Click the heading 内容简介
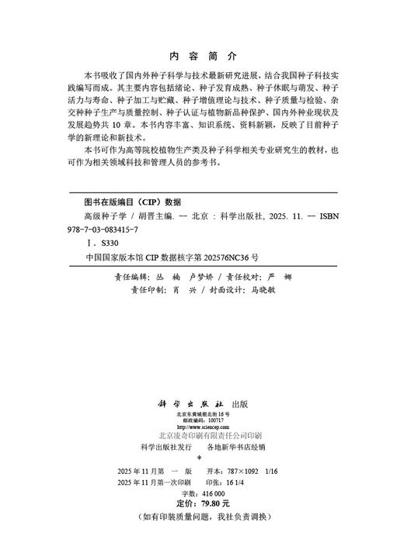point(202,57)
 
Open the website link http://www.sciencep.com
point(201,427)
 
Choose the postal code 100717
point(214,421)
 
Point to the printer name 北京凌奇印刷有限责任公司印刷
point(201,436)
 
